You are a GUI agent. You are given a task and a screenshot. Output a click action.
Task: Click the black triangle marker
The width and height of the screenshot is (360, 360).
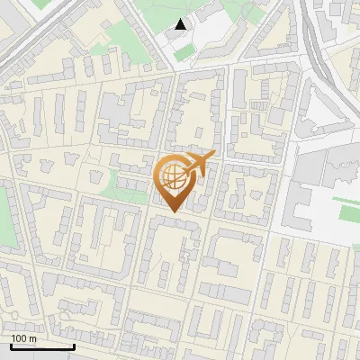[x=181, y=24]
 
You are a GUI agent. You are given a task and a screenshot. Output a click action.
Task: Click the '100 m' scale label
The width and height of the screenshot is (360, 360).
[x=23, y=338]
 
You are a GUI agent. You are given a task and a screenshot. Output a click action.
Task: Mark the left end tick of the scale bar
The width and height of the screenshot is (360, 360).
[x=12, y=345]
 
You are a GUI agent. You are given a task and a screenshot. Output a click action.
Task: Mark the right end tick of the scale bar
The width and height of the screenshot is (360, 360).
[x=74, y=345]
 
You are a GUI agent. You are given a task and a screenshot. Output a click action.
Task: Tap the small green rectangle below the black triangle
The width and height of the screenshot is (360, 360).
[x=184, y=53]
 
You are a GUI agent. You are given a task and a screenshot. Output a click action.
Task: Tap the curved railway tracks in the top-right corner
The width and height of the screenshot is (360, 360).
[x=315, y=36]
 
